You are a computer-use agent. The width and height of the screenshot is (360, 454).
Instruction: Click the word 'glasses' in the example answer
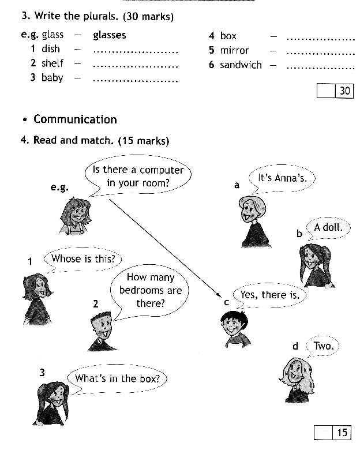(x=110, y=35)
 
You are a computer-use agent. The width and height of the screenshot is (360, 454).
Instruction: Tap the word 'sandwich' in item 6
(x=241, y=65)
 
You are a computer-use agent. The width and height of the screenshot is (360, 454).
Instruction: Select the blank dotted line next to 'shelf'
(x=136, y=66)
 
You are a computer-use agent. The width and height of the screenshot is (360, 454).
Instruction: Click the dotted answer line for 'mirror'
(x=321, y=54)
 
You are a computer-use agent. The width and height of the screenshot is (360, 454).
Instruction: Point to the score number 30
(x=344, y=91)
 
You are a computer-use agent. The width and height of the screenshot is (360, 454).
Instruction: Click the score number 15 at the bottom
(x=342, y=433)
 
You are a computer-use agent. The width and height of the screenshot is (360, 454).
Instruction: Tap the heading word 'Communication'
(x=76, y=119)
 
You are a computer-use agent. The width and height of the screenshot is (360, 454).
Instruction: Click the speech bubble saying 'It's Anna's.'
(x=282, y=178)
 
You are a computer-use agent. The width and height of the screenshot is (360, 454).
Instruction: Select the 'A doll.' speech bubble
(x=328, y=228)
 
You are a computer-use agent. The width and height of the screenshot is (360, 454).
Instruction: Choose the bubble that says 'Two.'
(x=323, y=346)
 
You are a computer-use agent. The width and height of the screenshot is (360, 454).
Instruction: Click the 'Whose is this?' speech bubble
(x=83, y=260)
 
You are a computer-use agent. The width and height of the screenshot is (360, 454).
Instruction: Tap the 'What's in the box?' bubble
(x=117, y=379)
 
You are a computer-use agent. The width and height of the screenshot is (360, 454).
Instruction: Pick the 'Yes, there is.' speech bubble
(x=269, y=295)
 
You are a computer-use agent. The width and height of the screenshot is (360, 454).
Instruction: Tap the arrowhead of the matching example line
(x=220, y=295)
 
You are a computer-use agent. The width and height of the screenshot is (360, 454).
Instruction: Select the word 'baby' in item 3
(x=52, y=78)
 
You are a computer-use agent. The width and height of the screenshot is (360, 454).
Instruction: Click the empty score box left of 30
(x=326, y=91)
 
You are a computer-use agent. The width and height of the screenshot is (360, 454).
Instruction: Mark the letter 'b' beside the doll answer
(x=299, y=234)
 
